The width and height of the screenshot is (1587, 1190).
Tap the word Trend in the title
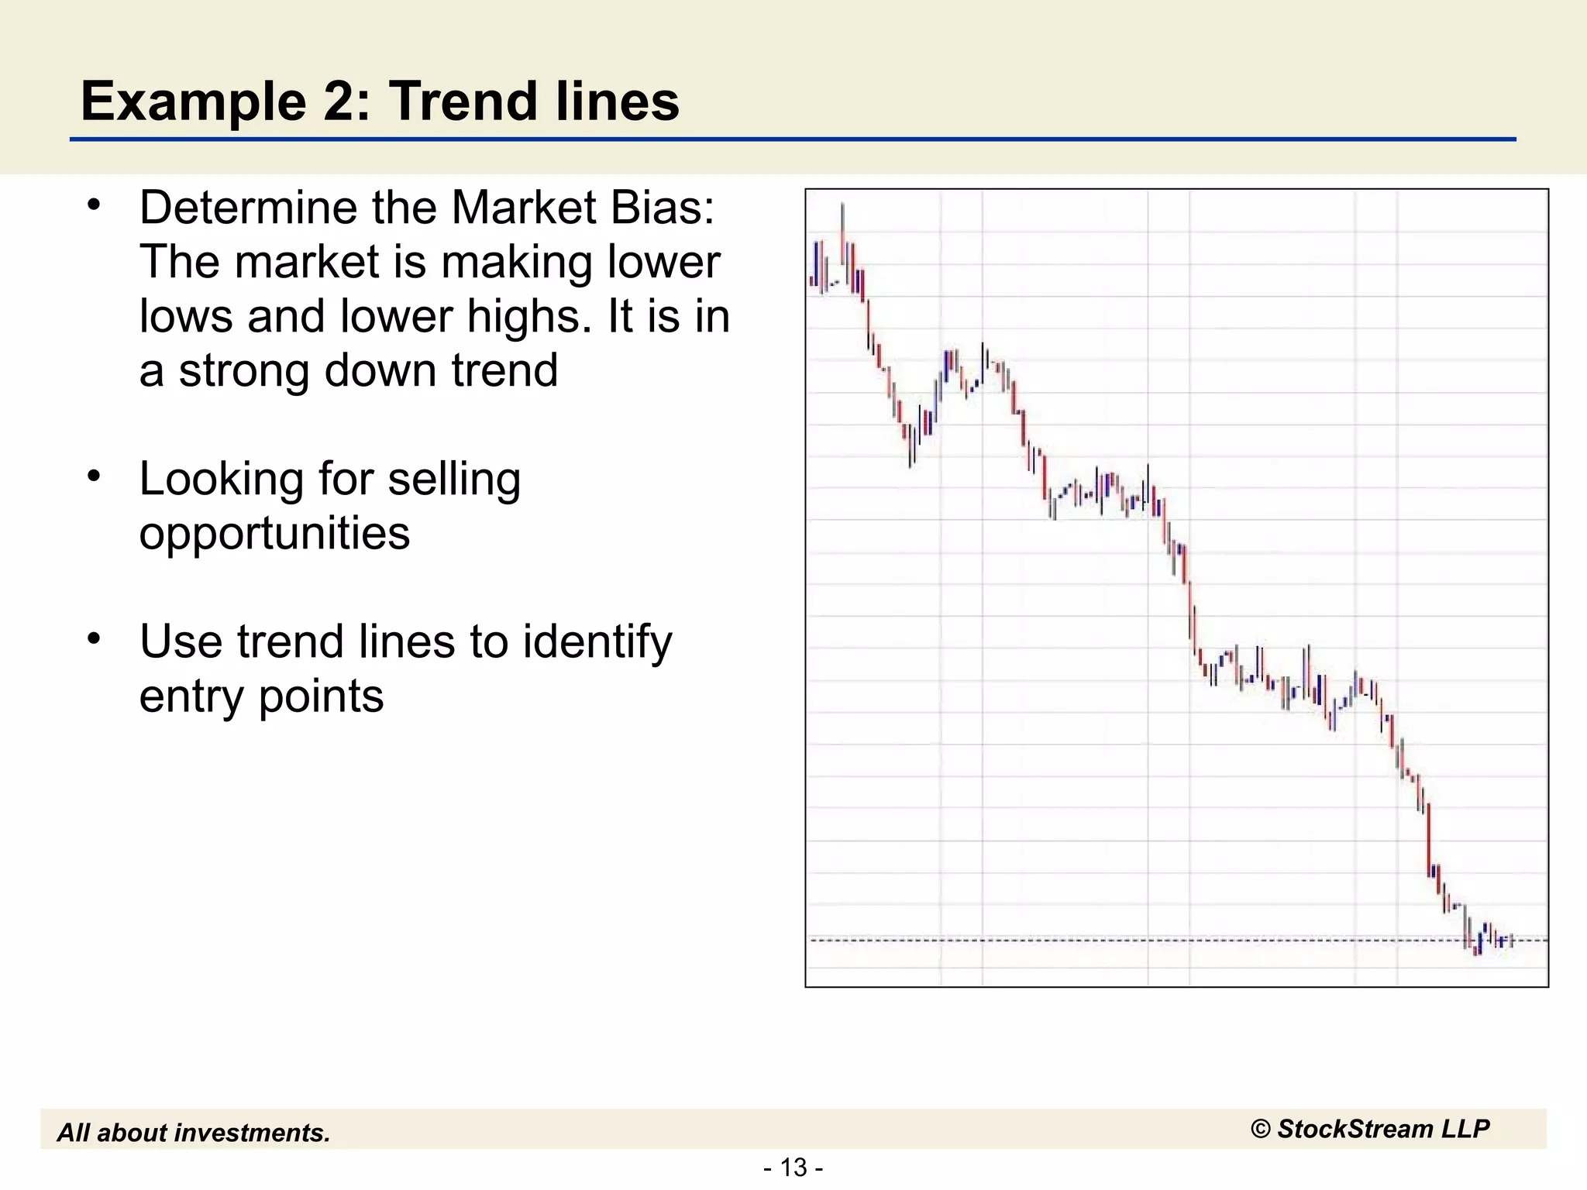click(456, 101)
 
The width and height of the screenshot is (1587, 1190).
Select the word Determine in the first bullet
click(247, 208)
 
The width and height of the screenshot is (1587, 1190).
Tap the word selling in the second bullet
click(454, 480)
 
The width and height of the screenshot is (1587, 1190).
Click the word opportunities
click(274, 534)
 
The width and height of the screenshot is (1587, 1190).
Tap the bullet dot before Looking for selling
click(94, 476)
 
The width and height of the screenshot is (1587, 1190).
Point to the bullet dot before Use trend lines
click(94, 639)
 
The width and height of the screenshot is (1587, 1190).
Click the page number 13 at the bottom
click(793, 1167)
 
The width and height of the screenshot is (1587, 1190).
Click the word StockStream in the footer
click(1355, 1129)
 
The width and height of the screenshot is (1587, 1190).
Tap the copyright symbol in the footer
click(1261, 1130)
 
